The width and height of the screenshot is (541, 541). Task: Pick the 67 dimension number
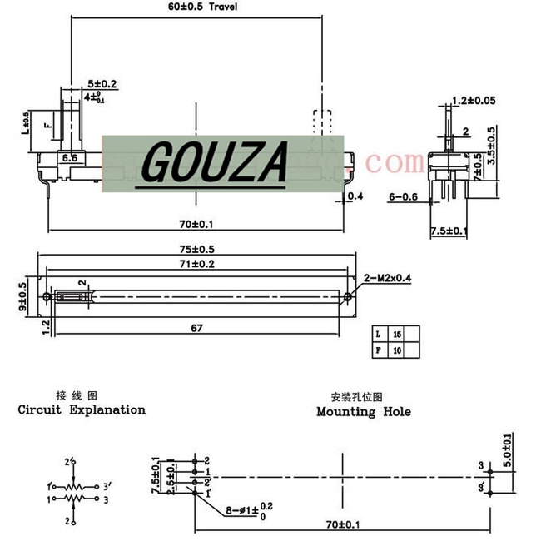click(x=197, y=328)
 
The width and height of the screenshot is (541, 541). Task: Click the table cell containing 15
click(x=396, y=334)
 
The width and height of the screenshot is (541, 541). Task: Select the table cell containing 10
click(x=396, y=351)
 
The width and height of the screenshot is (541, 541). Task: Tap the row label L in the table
click(x=378, y=334)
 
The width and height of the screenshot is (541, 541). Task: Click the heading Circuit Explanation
click(x=82, y=409)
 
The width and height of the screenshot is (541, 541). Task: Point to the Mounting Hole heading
click(x=364, y=411)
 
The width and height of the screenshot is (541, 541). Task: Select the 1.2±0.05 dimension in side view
click(x=473, y=100)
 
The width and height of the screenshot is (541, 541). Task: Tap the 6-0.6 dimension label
click(x=404, y=196)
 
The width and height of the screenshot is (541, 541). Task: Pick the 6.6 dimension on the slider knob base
click(x=70, y=156)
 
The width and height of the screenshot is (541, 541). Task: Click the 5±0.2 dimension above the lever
click(x=102, y=84)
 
